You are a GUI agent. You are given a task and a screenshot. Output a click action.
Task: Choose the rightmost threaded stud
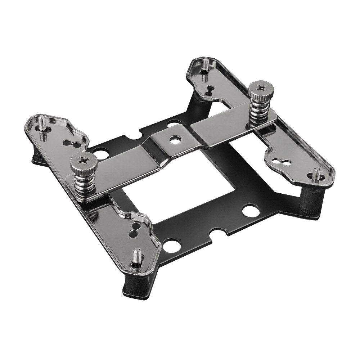pyautogui.click(x=316, y=175)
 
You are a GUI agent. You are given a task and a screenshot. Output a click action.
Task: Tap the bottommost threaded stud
pyautogui.click(x=136, y=257)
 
